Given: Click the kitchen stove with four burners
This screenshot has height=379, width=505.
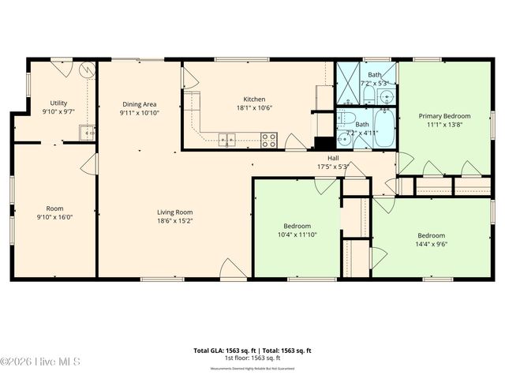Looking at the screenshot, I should click(x=269, y=141).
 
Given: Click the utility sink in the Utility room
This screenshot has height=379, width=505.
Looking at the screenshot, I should click(x=88, y=132).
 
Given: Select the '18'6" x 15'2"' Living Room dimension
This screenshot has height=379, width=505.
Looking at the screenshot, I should click(x=174, y=222).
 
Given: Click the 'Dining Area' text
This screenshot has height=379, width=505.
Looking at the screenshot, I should click(x=139, y=103).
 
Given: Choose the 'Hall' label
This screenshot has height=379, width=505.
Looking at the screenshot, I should click(x=333, y=157).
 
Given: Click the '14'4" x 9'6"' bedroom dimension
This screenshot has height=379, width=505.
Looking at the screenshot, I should click(x=431, y=245).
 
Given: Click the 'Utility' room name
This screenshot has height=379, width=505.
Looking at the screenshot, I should click(x=58, y=103).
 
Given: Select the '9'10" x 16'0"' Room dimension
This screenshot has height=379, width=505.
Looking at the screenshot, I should click(x=54, y=218).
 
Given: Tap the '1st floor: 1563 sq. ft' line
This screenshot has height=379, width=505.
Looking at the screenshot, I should click(x=252, y=358).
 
